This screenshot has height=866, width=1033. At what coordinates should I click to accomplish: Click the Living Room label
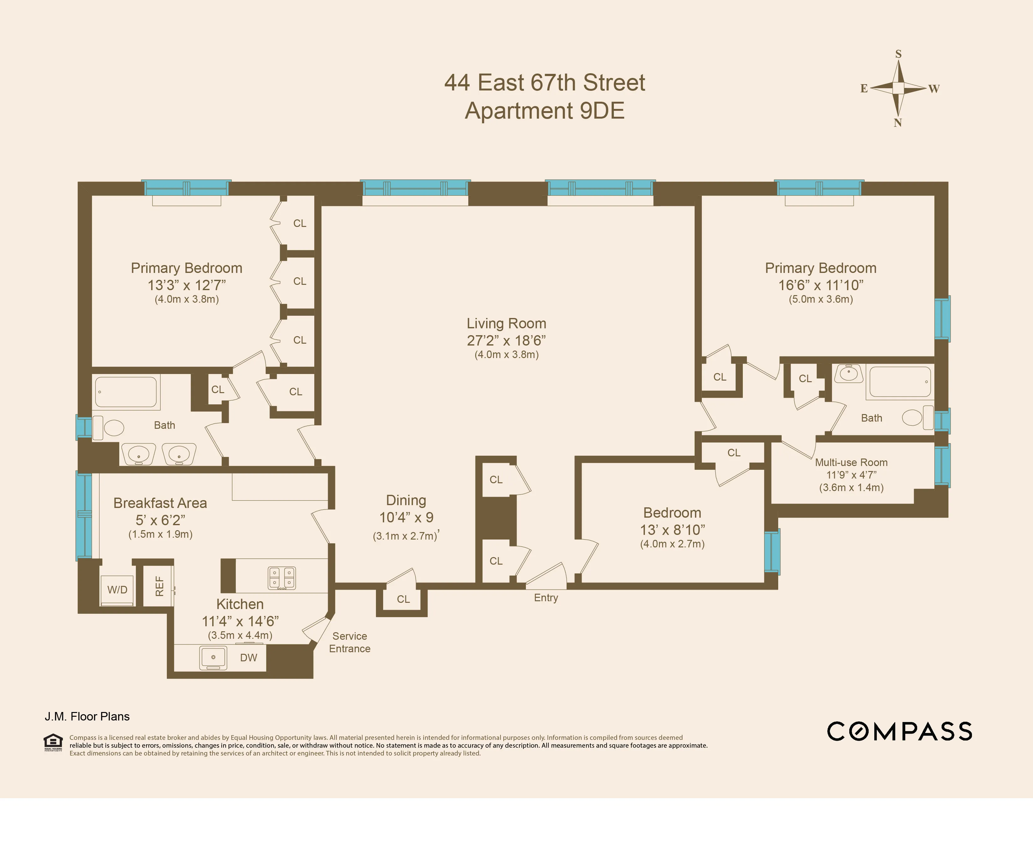coord(506,324)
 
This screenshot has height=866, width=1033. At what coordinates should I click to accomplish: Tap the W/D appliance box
coord(117,590)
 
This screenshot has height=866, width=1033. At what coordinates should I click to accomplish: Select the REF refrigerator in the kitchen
coord(158,586)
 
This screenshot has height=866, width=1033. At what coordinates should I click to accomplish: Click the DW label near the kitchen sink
coord(249,658)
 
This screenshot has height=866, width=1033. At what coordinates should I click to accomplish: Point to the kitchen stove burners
coord(282,578)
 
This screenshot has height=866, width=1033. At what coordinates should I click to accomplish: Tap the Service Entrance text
coord(349,642)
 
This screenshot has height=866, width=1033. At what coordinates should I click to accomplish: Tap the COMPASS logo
coord(899,731)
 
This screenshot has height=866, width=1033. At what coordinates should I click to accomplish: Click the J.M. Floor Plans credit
coord(87,716)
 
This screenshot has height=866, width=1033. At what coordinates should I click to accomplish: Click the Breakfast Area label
coord(160,503)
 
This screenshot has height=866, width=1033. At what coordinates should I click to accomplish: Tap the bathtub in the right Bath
coord(900,382)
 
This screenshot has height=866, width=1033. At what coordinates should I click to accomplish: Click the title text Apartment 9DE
coord(545,111)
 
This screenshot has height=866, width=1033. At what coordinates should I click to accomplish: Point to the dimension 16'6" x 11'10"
coord(820,285)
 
